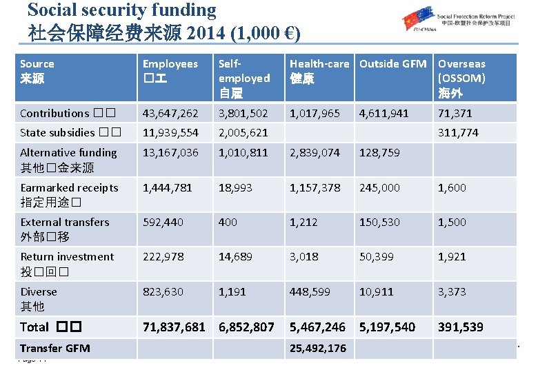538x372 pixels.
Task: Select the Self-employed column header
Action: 243,77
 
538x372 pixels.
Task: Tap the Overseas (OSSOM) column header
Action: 461,77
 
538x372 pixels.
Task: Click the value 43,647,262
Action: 170,113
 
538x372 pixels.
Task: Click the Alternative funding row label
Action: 68,160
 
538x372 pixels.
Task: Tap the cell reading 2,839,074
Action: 315,152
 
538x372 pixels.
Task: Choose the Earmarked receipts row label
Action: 69,195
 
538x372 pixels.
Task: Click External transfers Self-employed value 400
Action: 228,222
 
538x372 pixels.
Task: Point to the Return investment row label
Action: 67,264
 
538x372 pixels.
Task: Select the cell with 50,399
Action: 377,256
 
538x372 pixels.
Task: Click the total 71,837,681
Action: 174,327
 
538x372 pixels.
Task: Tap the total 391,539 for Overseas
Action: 460,327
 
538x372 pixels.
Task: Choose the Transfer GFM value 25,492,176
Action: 318,348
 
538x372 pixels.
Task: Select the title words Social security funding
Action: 121,10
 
